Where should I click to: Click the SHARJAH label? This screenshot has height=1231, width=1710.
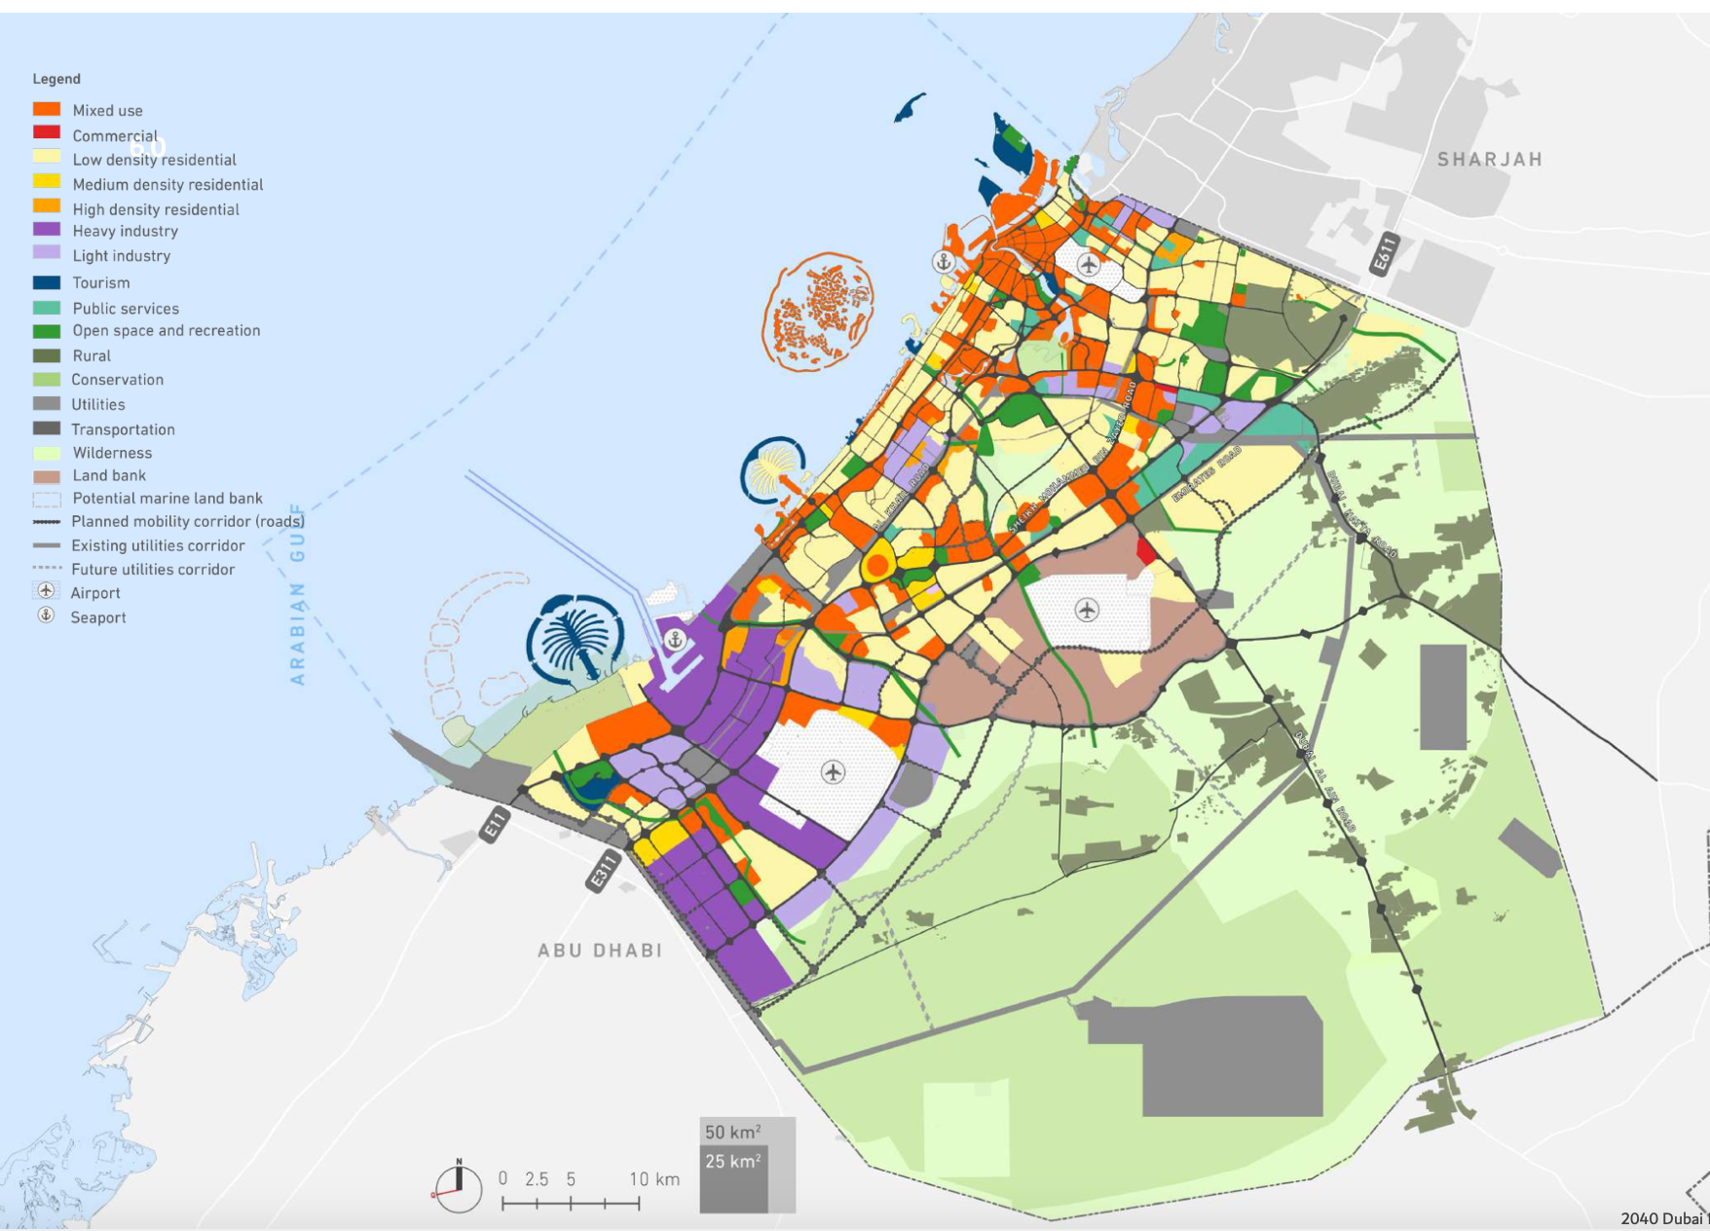point(1489,159)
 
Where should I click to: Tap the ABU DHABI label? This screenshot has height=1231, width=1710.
point(600,951)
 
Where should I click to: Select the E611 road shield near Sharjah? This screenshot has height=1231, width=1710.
point(1384,253)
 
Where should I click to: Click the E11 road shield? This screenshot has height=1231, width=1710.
point(495,825)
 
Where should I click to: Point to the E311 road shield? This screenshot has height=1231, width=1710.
point(604,870)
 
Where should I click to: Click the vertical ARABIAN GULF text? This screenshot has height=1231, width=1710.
point(298,594)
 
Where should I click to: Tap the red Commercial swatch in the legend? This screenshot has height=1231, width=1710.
point(47,132)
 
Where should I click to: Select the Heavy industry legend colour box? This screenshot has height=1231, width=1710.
point(47,230)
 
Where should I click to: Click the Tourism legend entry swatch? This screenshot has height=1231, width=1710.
point(47,282)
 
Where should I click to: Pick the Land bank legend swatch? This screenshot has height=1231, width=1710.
point(47,476)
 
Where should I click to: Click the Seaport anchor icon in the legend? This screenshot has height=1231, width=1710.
point(46,615)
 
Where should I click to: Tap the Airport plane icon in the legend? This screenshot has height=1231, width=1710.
point(46,591)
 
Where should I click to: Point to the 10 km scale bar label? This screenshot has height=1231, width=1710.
point(653,1179)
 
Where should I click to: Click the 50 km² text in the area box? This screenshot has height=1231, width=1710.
point(732,1132)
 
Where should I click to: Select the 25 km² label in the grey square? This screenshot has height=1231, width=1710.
point(732,1161)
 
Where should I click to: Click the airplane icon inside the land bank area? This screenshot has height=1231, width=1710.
point(1087,610)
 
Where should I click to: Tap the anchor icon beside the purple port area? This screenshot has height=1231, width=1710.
point(675,640)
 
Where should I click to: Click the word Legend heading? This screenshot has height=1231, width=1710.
point(56,79)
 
